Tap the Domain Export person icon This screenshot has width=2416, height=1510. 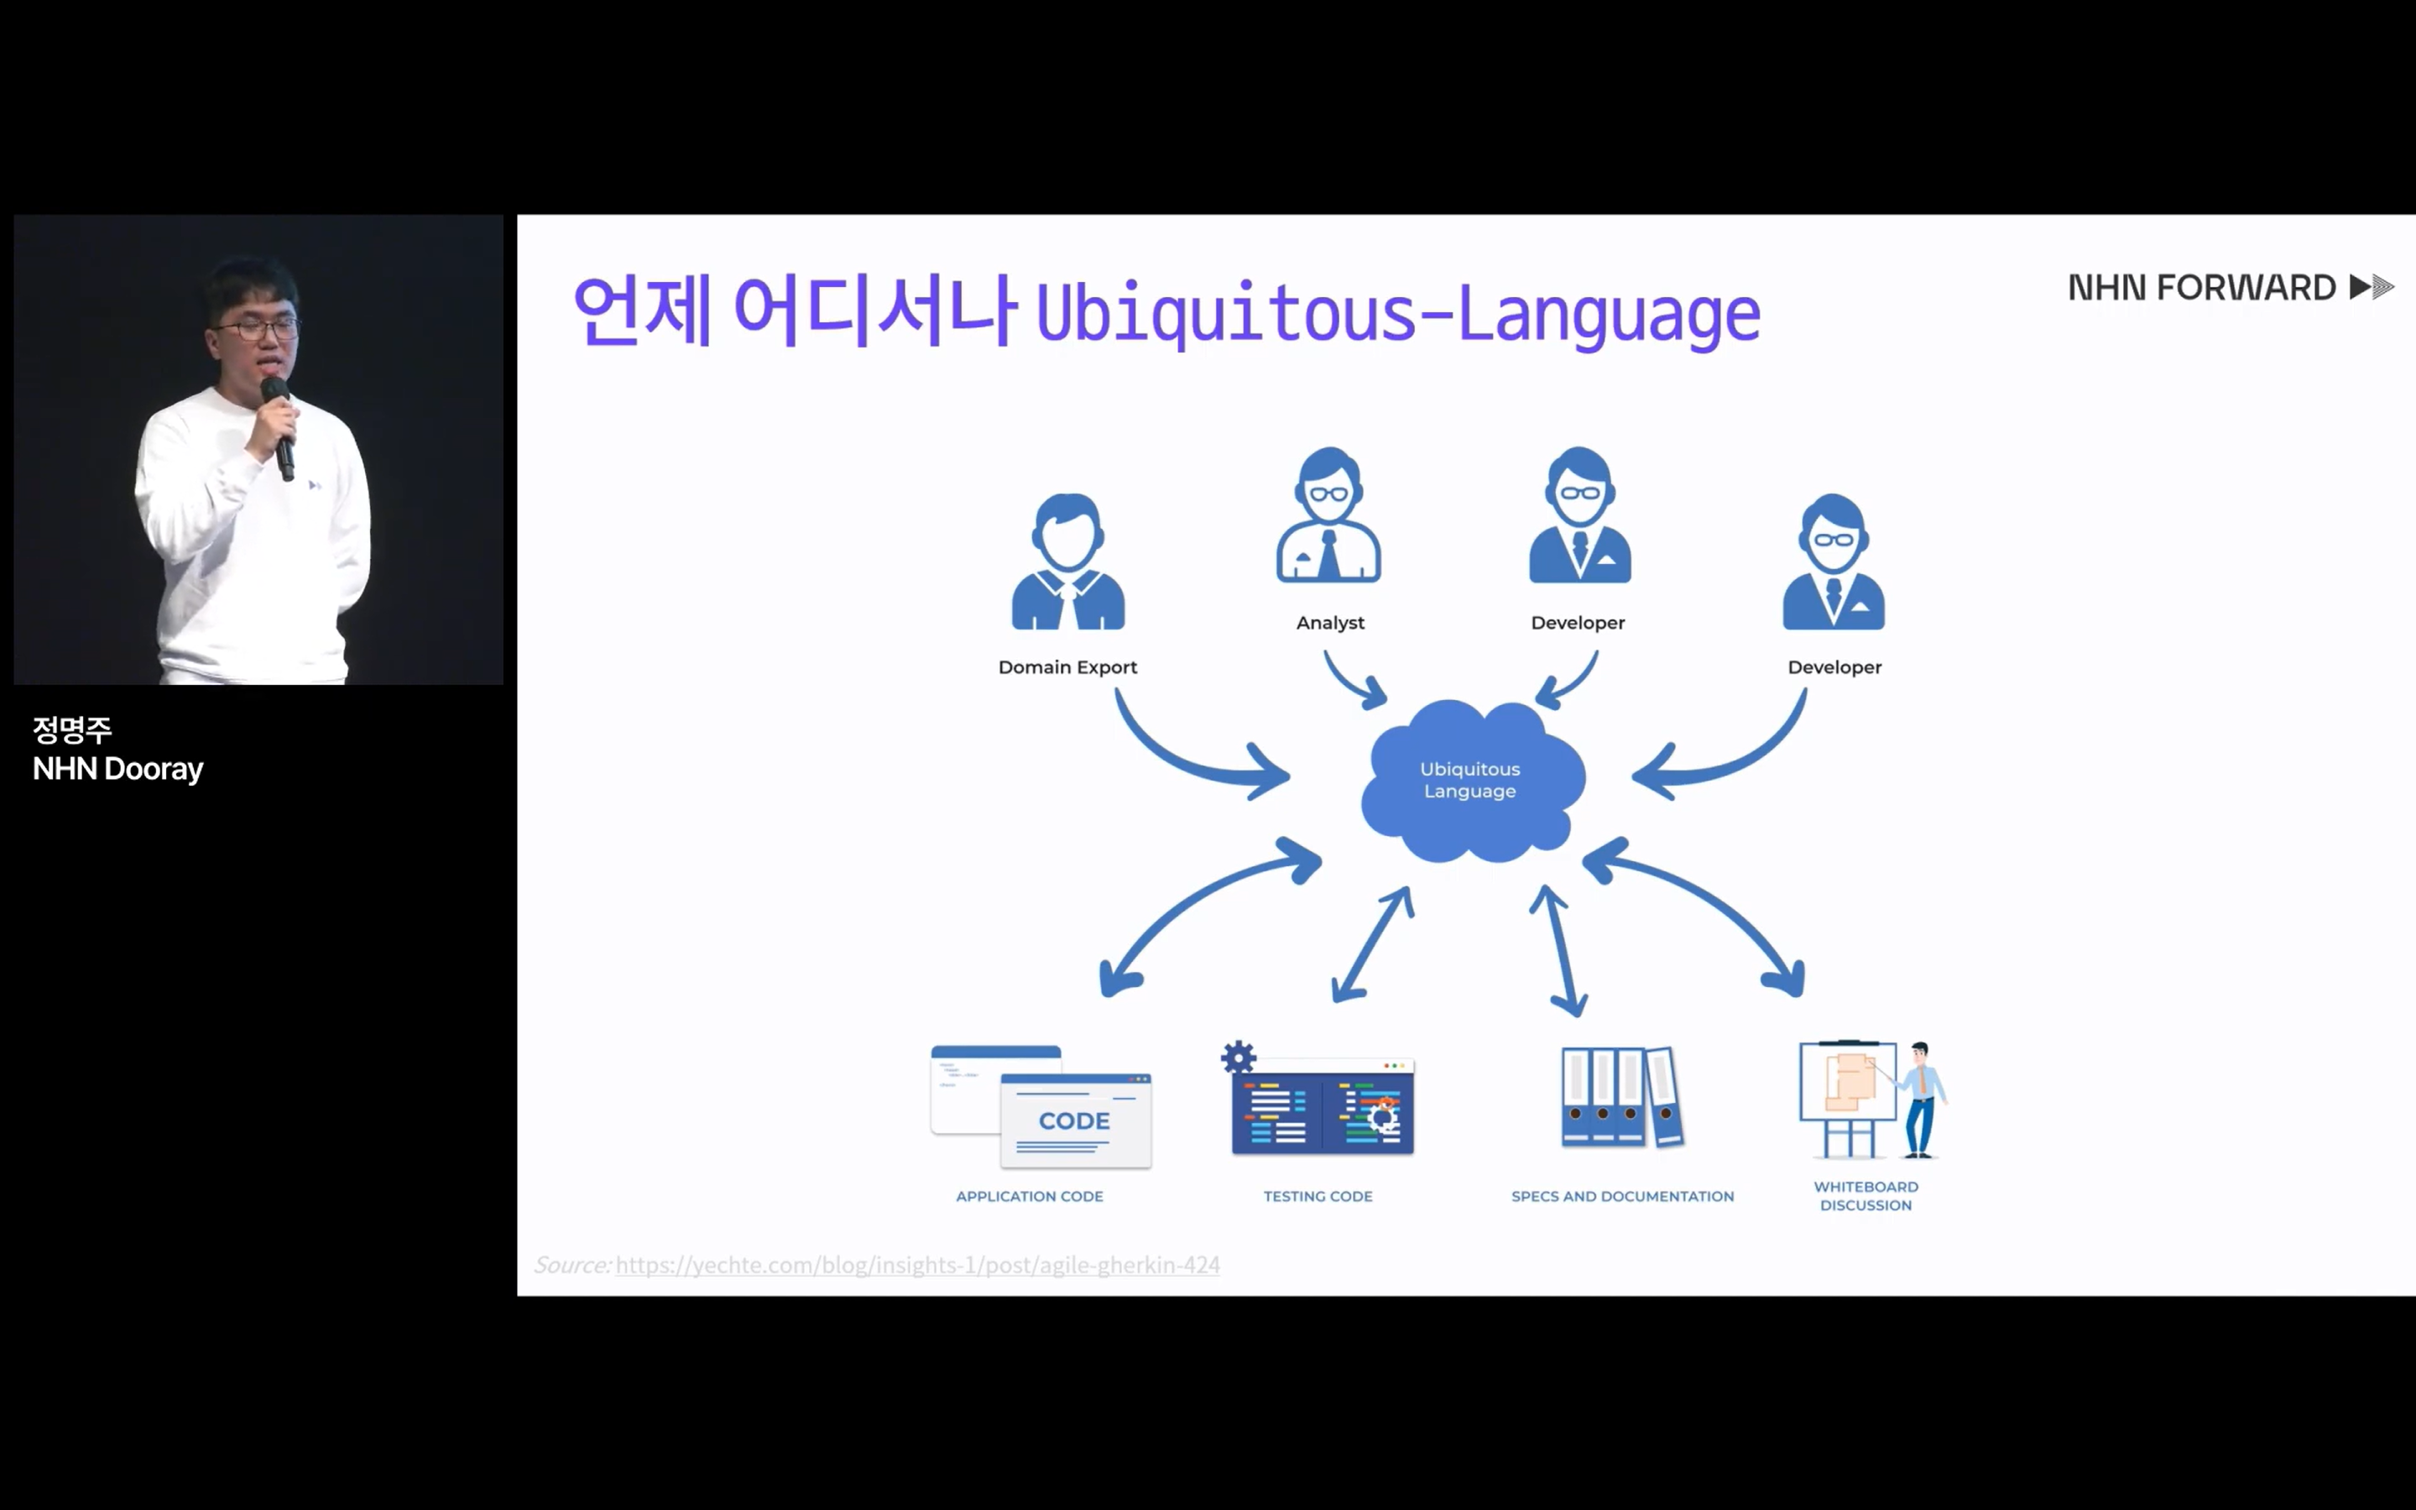[1068, 562]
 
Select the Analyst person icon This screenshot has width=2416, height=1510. [1328, 515]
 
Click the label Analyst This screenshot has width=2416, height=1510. [1330, 623]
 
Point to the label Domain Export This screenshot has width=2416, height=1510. [1067, 667]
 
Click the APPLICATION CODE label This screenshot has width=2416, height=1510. [1030, 1196]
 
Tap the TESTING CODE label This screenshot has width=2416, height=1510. [1318, 1196]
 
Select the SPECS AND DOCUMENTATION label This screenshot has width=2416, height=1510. [1622, 1196]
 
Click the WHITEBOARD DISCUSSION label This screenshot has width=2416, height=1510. [1865, 1195]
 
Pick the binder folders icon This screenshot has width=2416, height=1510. [1622, 1096]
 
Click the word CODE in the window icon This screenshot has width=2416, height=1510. [1074, 1121]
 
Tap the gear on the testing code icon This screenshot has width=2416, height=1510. [1238, 1057]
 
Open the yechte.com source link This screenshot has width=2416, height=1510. [917, 1265]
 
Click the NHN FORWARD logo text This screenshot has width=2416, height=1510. [2201, 288]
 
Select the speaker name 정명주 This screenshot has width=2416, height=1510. [72, 730]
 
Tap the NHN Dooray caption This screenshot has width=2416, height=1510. [117, 769]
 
